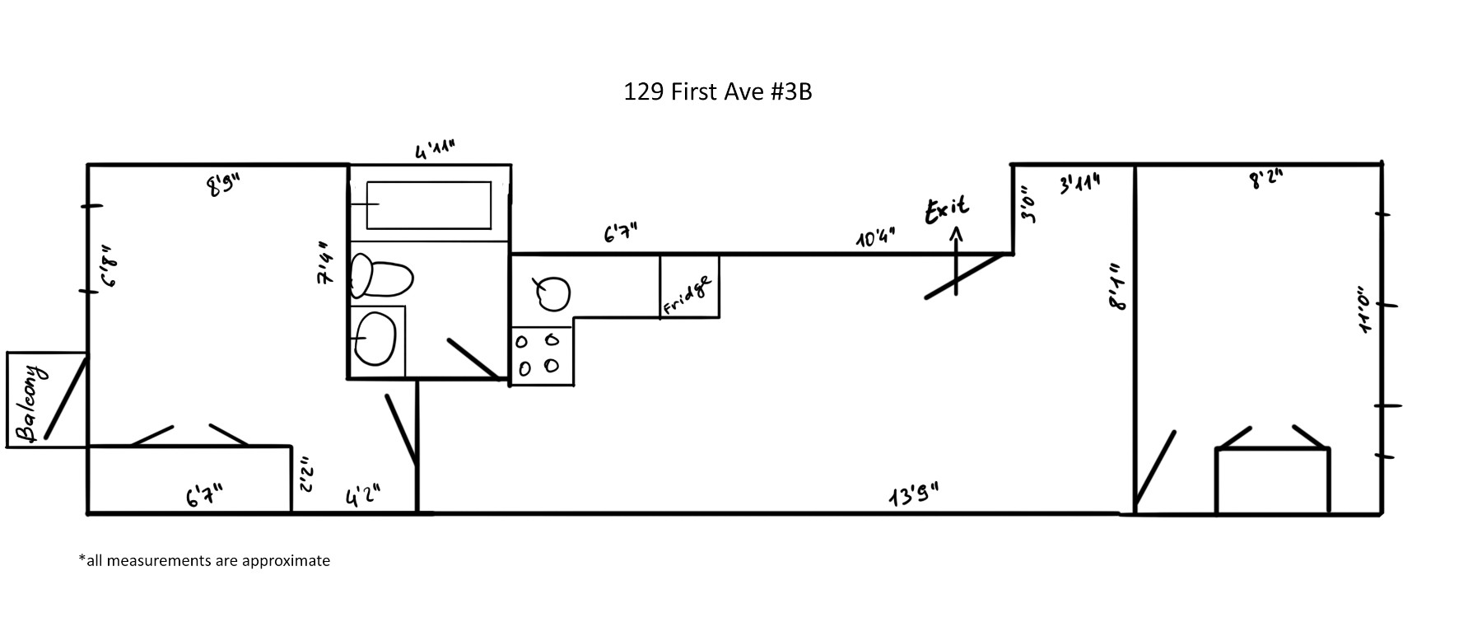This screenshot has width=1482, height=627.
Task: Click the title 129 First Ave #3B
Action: [x=717, y=91]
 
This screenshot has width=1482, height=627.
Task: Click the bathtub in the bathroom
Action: [x=428, y=204]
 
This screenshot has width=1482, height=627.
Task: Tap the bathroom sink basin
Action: [x=375, y=339]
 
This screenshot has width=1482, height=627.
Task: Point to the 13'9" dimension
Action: [x=913, y=496]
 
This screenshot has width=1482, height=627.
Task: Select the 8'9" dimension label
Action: [x=222, y=185]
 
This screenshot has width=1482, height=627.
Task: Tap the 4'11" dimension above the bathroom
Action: [x=435, y=150]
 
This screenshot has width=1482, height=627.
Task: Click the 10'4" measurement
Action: [x=875, y=238]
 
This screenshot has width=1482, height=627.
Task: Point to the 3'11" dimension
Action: [x=1079, y=184]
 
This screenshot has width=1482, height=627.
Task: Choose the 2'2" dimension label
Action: [x=305, y=475]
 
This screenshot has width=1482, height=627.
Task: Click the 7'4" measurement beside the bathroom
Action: [x=324, y=264]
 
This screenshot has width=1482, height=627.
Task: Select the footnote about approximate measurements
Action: [x=204, y=561]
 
